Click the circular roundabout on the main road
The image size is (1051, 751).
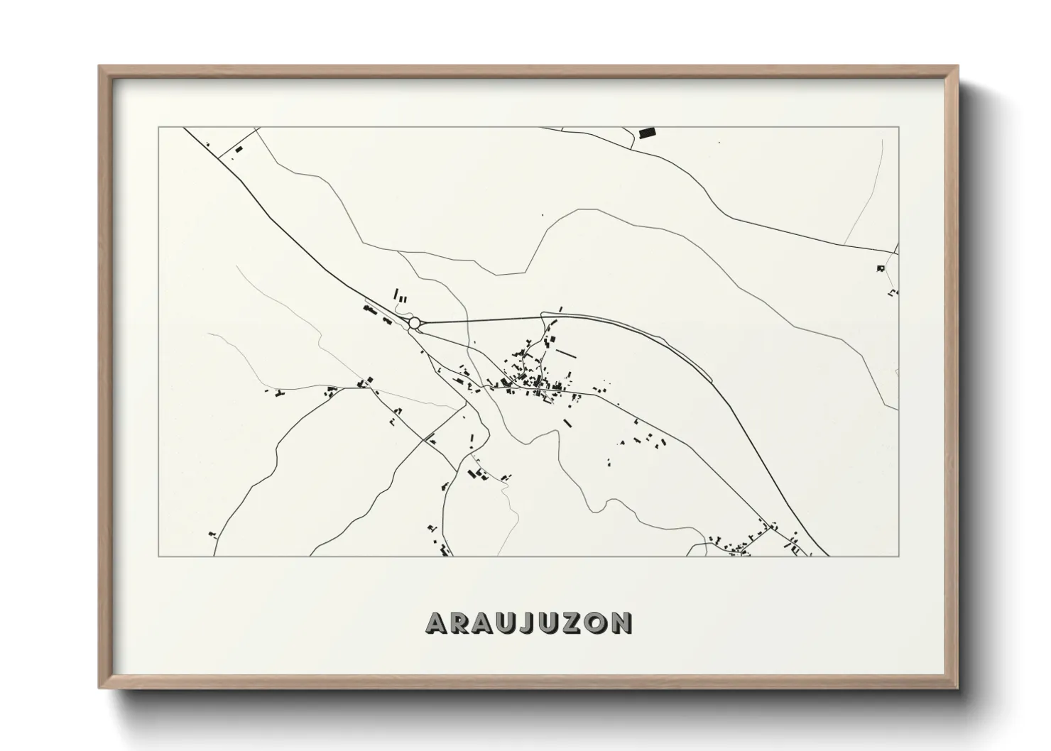click(x=414, y=323)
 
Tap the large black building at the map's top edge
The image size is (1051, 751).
click(x=646, y=133)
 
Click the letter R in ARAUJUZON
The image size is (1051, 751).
click(x=460, y=623)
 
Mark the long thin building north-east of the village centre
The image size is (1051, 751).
click(x=567, y=352)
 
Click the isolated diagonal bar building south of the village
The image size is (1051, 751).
click(x=567, y=423)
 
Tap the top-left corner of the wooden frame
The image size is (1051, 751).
click(x=99, y=67)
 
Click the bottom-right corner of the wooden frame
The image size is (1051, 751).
click(x=957, y=689)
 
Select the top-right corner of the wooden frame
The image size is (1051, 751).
click(x=957, y=67)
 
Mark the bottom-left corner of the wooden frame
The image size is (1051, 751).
click(x=99, y=689)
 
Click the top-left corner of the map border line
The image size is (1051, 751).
click(x=158, y=127)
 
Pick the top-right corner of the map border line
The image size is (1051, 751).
click(x=899, y=127)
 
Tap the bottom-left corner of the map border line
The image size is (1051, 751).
click(x=158, y=557)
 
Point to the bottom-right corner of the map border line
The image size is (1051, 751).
click(x=899, y=557)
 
